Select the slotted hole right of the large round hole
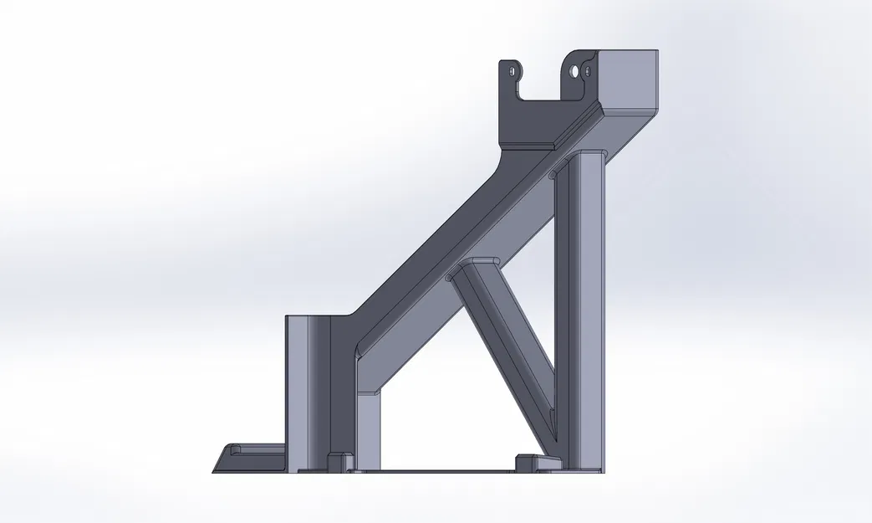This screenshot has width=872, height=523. (x=588, y=72)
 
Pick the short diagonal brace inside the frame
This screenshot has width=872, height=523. (x=502, y=335)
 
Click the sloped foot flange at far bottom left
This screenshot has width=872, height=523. (x=251, y=458)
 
